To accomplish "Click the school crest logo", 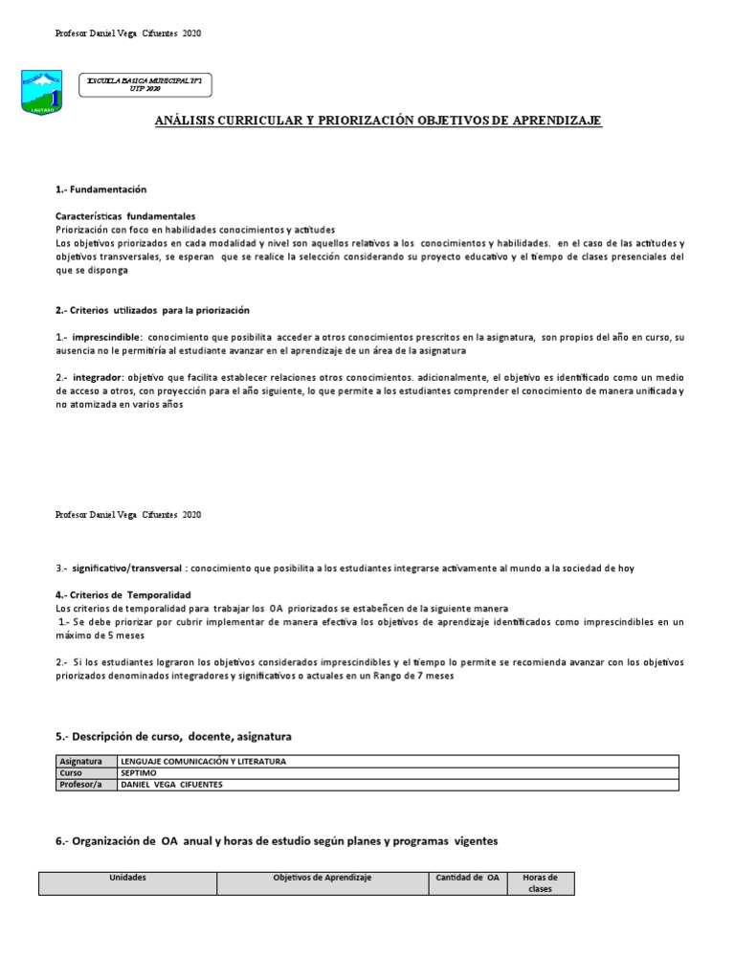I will pos(41,90).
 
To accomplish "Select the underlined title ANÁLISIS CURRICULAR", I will pos(378,121).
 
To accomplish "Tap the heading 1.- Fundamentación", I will pos(100,189).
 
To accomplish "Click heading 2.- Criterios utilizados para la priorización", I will pos(152,310).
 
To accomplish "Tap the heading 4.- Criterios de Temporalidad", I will pos(123,595).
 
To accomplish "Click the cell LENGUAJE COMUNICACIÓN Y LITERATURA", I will pos(203,761).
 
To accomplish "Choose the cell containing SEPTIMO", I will pos(140,772).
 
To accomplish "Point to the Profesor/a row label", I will pos(82,784).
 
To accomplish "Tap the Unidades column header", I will pos(127,878).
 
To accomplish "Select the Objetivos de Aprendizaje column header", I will pos(322,878).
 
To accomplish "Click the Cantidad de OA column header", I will pos(467,878).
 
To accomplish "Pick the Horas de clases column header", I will pos(541,882).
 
